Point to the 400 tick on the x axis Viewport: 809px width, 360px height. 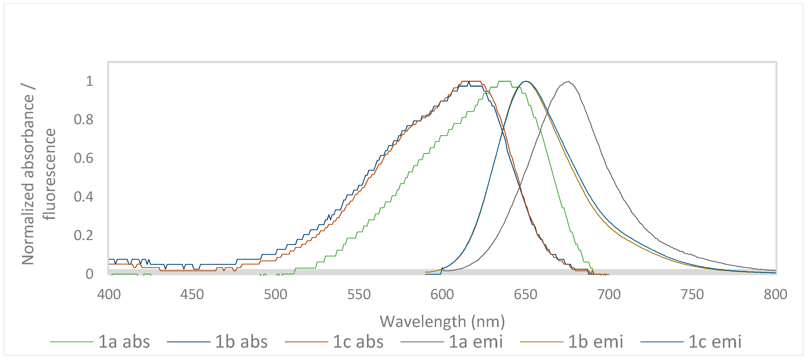pos(109,295)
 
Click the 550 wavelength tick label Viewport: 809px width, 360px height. pos(359,295)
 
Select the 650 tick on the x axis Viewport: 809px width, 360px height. pos(525,295)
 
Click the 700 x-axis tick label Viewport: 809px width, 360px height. pos(609,295)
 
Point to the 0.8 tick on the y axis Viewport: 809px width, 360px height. pos(83,120)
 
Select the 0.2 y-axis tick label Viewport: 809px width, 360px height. pos(83,235)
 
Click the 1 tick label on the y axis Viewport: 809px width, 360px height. pos(90,81)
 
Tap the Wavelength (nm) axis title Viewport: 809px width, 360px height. pos(442,321)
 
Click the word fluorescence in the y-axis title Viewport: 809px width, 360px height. pos(49,174)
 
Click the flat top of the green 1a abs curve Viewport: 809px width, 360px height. pos(504,81)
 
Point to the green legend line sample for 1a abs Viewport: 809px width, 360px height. pos(72,342)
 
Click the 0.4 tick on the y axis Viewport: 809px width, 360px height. pos(83,197)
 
